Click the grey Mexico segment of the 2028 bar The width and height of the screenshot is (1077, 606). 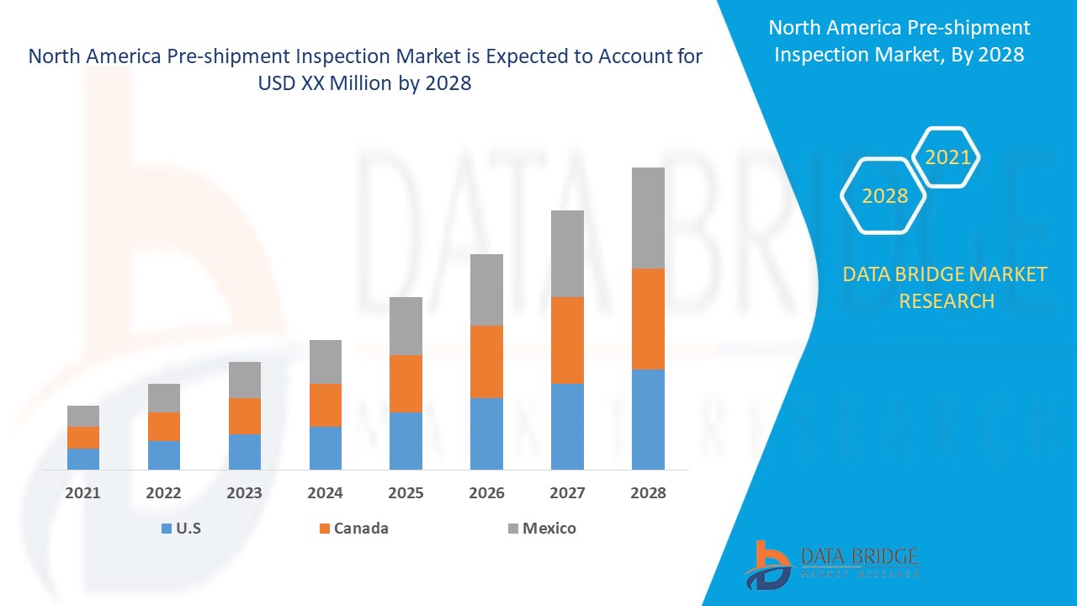point(648,217)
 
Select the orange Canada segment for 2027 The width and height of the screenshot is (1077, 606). point(567,340)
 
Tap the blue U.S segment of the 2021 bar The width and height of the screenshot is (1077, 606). point(83,459)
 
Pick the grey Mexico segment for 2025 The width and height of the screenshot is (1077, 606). point(406,326)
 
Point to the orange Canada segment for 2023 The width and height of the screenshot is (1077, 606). point(245,416)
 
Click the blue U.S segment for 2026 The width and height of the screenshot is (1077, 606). point(486,433)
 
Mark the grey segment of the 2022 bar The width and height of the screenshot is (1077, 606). point(164,398)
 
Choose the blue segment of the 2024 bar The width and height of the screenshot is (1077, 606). point(326,448)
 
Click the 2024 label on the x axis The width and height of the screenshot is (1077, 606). point(326,493)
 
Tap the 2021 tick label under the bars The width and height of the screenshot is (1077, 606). point(83,493)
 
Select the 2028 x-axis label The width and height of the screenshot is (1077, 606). point(648,493)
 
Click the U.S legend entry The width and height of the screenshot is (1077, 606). point(181,529)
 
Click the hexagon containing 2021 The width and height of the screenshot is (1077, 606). point(947,157)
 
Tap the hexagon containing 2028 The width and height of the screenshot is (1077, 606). point(884,196)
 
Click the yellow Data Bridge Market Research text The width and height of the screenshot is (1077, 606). point(946,287)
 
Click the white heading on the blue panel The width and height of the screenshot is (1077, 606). point(899,40)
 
